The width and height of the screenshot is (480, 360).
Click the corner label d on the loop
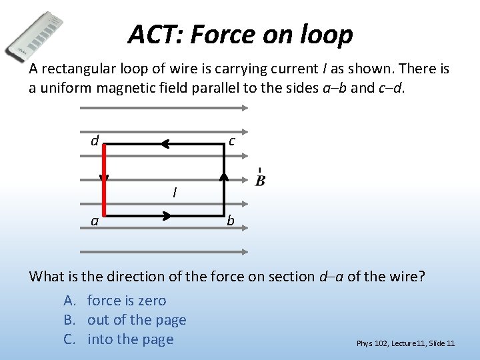95,141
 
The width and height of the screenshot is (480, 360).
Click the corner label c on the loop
231,141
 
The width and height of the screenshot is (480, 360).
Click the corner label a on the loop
95,221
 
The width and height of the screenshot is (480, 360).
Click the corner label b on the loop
230,220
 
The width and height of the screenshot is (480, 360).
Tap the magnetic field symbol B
260,180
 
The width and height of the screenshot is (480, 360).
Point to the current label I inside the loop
174,193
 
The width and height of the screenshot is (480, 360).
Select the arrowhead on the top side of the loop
167,143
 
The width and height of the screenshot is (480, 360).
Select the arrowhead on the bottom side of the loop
166,216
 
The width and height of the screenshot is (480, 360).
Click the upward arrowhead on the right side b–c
224,176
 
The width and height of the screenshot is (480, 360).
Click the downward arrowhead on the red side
104,178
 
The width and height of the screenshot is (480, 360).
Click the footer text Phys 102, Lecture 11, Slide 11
405,343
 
